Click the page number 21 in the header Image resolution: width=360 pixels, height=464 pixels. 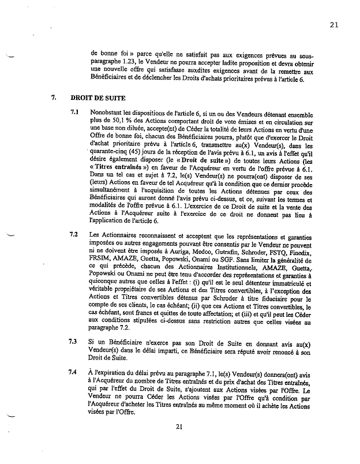[334, 24]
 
